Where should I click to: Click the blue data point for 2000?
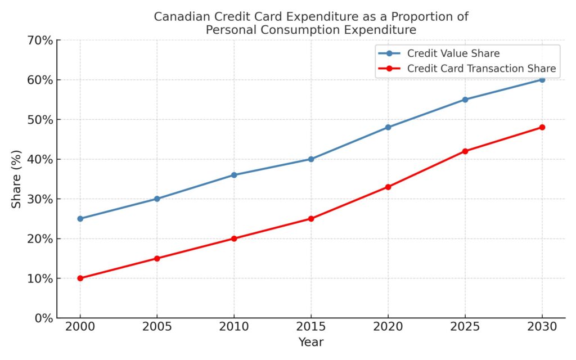80,218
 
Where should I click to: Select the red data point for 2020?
388,187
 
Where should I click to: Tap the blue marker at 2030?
542,79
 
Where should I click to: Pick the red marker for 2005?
157,258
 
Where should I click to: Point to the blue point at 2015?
311,159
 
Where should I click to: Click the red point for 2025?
465,151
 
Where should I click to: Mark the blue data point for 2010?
234,175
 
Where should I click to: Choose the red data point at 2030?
542,127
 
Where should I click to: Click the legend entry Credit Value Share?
453,53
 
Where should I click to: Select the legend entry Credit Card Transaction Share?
481,69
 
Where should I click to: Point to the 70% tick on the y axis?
41,40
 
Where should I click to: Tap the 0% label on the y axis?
44,318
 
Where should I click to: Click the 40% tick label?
41,159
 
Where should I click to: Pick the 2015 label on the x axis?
311,327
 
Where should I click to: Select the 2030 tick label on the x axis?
542,327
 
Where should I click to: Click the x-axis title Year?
311,341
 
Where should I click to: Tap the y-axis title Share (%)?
17,179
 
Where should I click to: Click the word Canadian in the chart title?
178,17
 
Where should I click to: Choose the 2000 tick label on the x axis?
80,327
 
